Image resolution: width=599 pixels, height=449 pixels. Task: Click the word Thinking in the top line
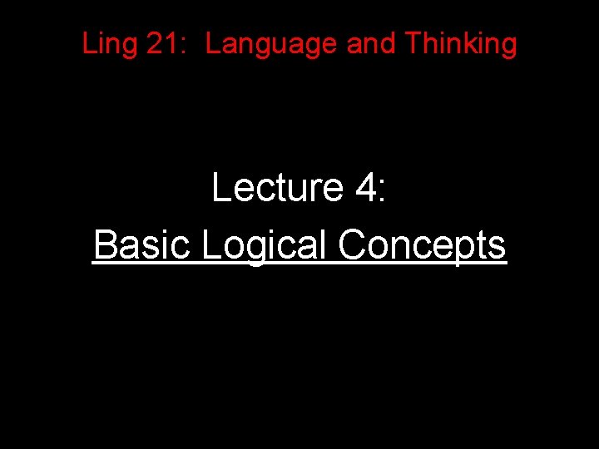[461, 45]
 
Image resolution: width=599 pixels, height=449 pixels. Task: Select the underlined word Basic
[142, 244]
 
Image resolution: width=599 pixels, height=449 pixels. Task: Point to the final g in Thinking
[508, 47]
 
